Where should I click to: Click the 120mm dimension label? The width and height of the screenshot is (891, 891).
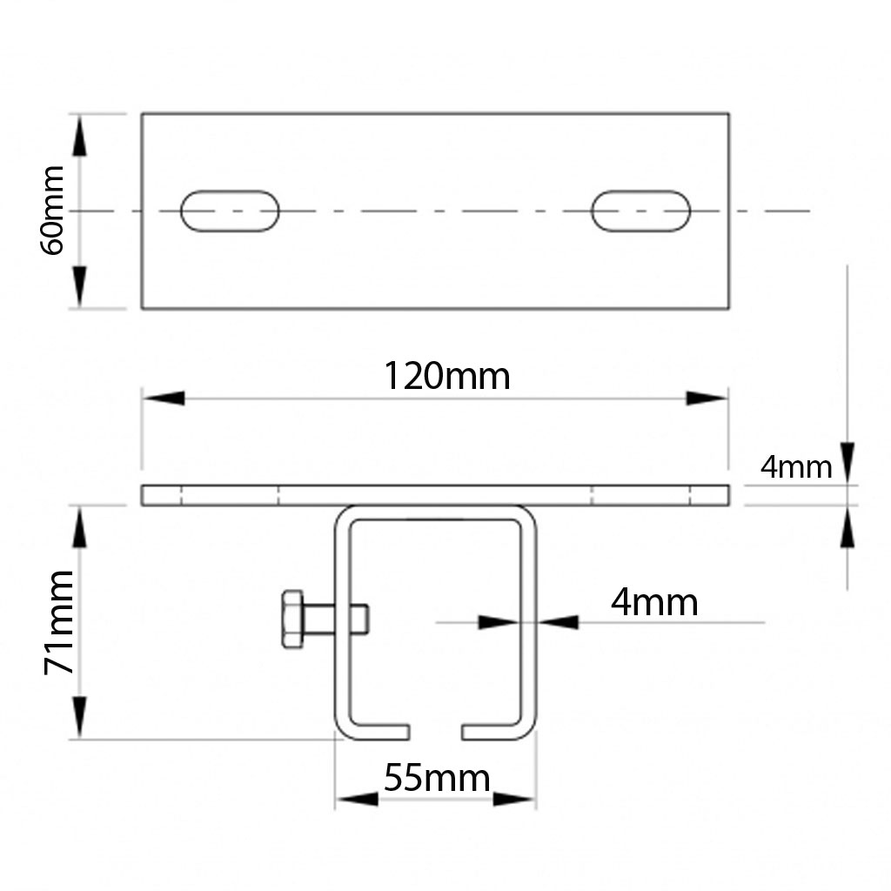(x=446, y=376)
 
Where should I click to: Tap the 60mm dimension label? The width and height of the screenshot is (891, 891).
(x=53, y=210)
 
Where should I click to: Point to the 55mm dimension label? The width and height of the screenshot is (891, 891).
(x=437, y=777)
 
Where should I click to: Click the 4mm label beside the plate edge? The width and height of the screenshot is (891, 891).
(x=796, y=467)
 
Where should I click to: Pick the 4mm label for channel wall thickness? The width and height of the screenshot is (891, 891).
(x=654, y=602)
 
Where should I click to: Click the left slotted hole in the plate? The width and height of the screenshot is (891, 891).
(x=230, y=211)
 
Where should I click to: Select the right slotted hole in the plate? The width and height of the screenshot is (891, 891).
(x=640, y=211)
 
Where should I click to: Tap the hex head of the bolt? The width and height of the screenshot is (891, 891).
(x=292, y=619)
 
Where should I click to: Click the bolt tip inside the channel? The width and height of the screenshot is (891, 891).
(x=359, y=619)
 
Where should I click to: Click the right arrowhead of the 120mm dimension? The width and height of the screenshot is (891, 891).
(x=707, y=399)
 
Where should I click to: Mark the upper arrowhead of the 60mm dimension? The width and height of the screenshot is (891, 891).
(x=79, y=135)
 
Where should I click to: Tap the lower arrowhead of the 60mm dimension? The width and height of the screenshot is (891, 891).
(x=79, y=286)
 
